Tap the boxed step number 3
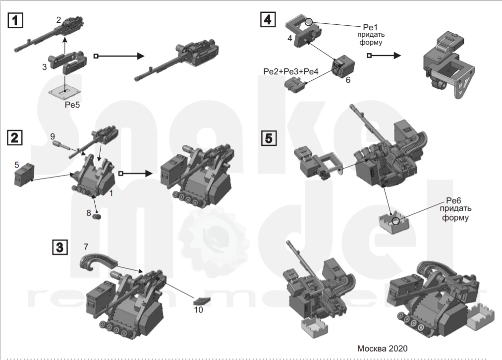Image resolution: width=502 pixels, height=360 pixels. [59, 246]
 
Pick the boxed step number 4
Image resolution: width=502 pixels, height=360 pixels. [268, 20]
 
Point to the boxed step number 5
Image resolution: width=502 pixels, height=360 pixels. [268, 138]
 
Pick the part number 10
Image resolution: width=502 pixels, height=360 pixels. [198, 310]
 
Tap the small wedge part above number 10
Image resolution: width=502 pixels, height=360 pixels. [201, 300]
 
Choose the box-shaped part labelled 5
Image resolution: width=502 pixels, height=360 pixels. [23, 174]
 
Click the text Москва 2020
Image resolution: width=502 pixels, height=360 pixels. [382, 348]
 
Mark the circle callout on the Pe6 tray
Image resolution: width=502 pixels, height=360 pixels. [395, 220]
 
